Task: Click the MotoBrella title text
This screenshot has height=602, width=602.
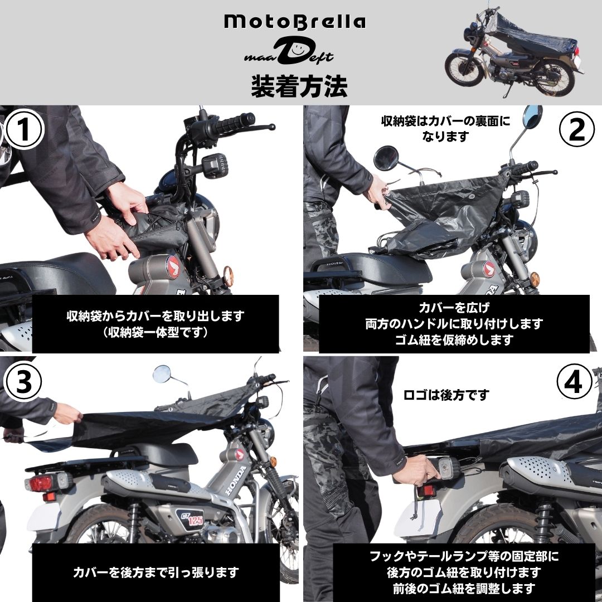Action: pyautogui.click(x=295, y=22)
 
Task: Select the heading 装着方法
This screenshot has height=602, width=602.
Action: pyautogui.click(x=299, y=85)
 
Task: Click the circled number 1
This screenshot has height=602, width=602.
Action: pyautogui.click(x=24, y=129)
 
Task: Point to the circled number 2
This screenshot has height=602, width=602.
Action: pyautogui.click(x=577, y=129)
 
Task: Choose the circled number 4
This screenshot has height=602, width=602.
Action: pyautogui.click(x=575, y=382)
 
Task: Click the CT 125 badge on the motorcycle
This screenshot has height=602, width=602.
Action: pyautogui.click(x=190, y=519)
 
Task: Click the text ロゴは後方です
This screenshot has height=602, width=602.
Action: pyautogui.click(x=446, y=395)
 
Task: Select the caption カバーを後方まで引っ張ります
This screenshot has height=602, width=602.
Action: pyautogui.click(x=156, y=572)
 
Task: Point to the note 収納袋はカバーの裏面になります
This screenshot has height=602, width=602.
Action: pyautogui.click(x=446, y=129)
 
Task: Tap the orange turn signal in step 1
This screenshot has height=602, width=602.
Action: pyautogui.click(x=228, y=275)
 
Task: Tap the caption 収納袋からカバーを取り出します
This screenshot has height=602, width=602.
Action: pyautogui.click(x=156, y=316)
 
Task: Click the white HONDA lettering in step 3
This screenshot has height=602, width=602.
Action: pyautogui.click(x=236, y=480)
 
